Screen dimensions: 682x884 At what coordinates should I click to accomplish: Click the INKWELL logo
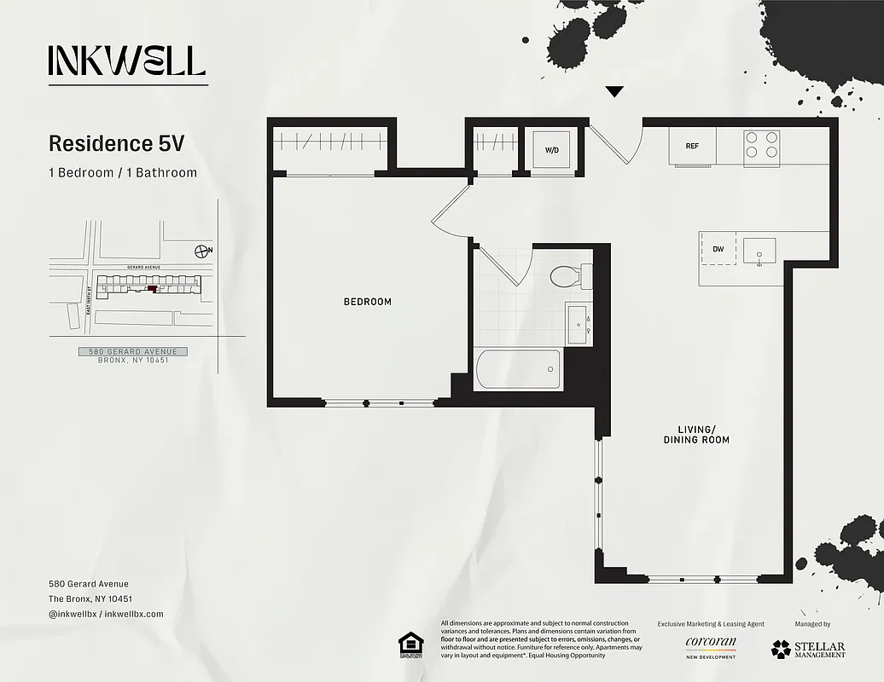coord(127,61)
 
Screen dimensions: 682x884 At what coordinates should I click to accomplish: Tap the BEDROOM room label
coord(368,302)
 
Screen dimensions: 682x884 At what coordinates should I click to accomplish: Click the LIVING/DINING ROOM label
coord(696,435)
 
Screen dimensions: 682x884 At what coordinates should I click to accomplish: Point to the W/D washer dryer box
coord(552,150)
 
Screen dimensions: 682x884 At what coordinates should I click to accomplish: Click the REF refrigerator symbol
coord(692,146)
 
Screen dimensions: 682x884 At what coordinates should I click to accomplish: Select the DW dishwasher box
coord(718,249)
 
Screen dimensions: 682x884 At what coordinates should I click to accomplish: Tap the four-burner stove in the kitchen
coord(762,145)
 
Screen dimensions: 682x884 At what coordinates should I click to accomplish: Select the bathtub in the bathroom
coord(518,369)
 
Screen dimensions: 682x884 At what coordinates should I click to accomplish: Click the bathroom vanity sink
coord(579,324)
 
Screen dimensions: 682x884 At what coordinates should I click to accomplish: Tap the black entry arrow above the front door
coord(614,92)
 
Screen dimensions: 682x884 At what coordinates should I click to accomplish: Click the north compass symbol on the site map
coord(202,251)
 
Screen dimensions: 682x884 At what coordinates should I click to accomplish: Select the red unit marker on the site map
coord(153,289)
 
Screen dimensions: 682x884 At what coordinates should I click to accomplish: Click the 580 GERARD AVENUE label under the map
coord(132,351)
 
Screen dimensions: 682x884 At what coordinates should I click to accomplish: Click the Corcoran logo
coord(710,646)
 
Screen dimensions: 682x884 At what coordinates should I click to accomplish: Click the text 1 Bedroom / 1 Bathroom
coord(123,173)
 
